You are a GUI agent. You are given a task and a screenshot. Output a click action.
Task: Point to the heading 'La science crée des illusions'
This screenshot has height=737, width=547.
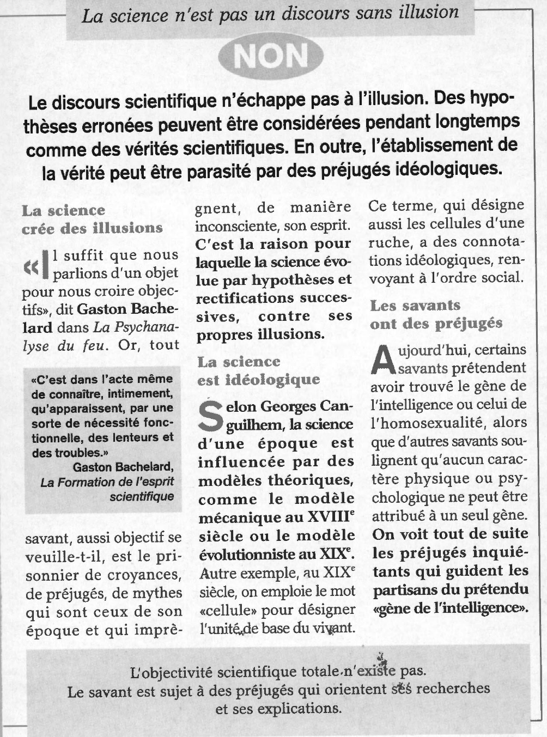coord(92,219)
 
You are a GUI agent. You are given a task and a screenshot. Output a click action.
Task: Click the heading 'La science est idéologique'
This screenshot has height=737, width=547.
coord(258,370)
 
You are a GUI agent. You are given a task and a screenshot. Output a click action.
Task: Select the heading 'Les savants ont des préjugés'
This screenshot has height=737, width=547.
coord(436,314)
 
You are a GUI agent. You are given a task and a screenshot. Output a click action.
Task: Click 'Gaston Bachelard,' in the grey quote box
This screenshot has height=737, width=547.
coord(123,467)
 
